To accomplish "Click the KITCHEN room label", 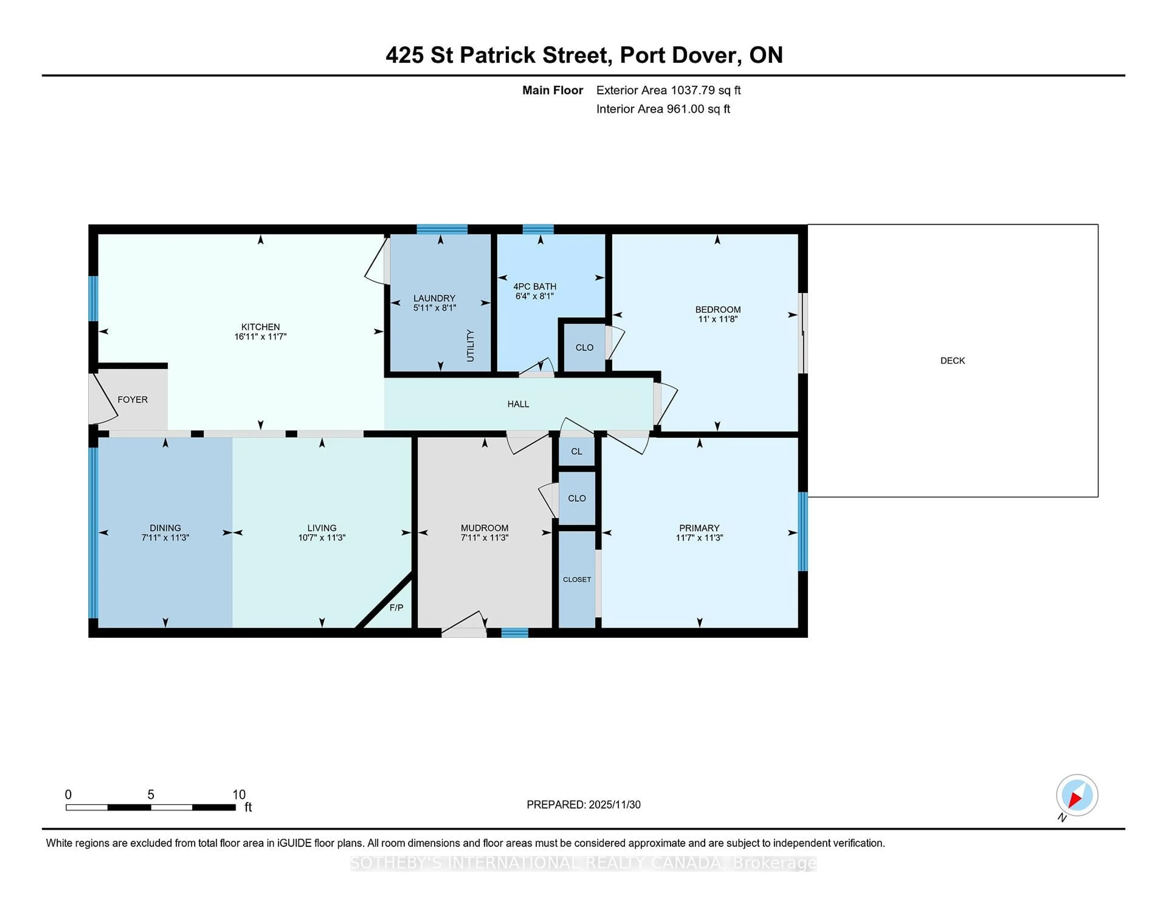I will coord(260,326).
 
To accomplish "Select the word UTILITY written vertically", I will coord(470,346).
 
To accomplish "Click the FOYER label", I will coord(133,400).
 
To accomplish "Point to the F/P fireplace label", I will coord(396,608).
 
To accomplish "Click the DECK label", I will coord(952,361).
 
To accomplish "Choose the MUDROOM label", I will coord(484,528).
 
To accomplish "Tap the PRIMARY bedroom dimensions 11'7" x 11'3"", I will coord(699,538).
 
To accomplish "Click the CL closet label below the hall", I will coord(576,452).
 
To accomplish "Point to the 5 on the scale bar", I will coord(151,795).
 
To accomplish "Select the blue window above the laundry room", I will coord(442,229).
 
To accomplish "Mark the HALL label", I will coord(518,404).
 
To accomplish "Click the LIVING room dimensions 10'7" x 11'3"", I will coord(322,538).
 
